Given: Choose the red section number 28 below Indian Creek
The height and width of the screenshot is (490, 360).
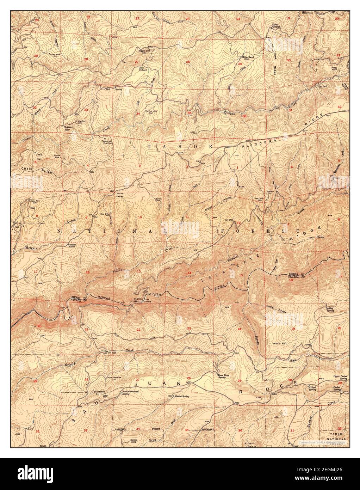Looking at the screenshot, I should pyautogui.click(x=86, y=59).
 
